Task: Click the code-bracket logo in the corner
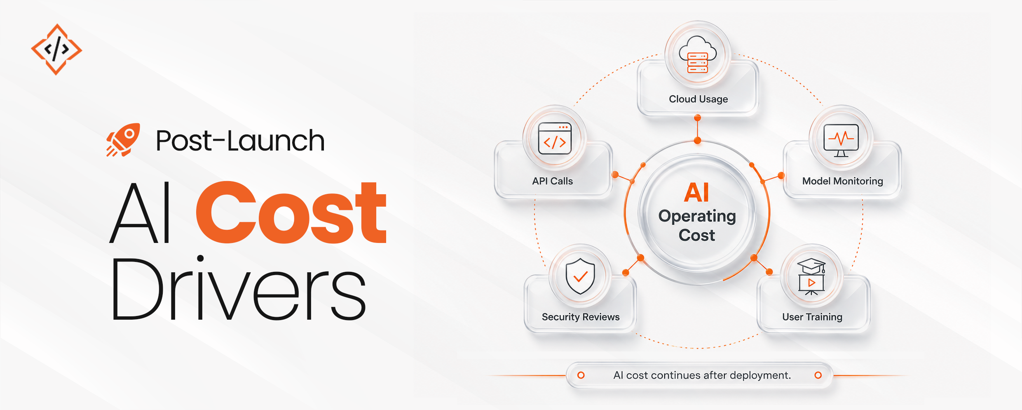[56, 49]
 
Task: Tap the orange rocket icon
[123, 140]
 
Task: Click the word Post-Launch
[240, 141]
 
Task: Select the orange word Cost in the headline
[291, 212]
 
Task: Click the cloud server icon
[698, 54]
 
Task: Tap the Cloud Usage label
[699, 99]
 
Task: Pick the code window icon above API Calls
[555, 138]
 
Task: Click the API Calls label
[552, 181]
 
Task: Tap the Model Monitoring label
[843, 181]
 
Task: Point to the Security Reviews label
[581, 317]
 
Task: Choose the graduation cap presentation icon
[811, 276]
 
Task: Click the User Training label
[812, 317]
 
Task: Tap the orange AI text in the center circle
[697, 192]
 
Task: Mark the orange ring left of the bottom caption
[581, 375]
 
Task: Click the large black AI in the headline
[140, 213]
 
